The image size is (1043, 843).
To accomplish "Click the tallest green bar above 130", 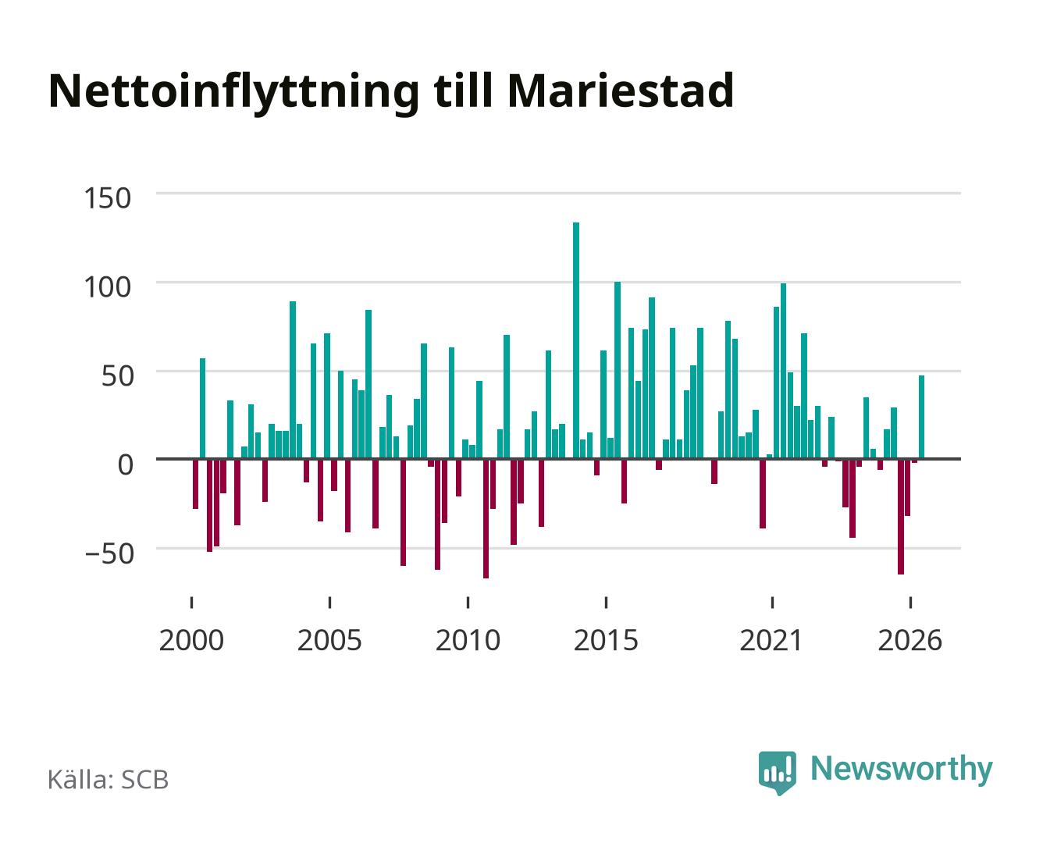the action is (x=576, y=340).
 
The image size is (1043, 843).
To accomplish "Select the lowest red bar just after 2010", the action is (x=486, y=518).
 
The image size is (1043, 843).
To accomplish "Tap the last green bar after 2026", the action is (x=921, y=417).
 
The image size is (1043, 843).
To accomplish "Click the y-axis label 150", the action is (x=108, y=198).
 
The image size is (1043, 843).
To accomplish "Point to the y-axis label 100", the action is (x=108, y=287).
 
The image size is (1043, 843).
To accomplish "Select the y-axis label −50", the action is (x=109, y=553).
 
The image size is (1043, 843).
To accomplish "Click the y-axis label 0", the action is (x=126, y=464).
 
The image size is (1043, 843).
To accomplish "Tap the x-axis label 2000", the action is (x=191, y=640).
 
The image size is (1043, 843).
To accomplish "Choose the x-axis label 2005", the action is (x=329, y=640).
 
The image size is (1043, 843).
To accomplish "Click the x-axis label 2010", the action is (x=468, y=640).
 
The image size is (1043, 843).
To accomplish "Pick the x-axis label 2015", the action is (x=606, y=640).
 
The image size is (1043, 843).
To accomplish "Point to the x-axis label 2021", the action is (x=771, y=640).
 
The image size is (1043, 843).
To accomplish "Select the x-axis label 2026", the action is (x=910, y=640).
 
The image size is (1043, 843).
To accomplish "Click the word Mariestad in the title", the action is (x=621, y=91).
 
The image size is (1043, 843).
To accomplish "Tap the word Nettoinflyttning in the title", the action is (x=233, y=94).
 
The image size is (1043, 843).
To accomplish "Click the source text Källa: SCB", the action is (x=109, y=780).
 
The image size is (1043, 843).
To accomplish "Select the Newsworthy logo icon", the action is (x=777, y=773).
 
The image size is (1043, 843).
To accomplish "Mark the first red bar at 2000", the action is (x=195, y=484).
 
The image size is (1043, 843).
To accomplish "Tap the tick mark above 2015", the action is (x=606, y=603).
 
